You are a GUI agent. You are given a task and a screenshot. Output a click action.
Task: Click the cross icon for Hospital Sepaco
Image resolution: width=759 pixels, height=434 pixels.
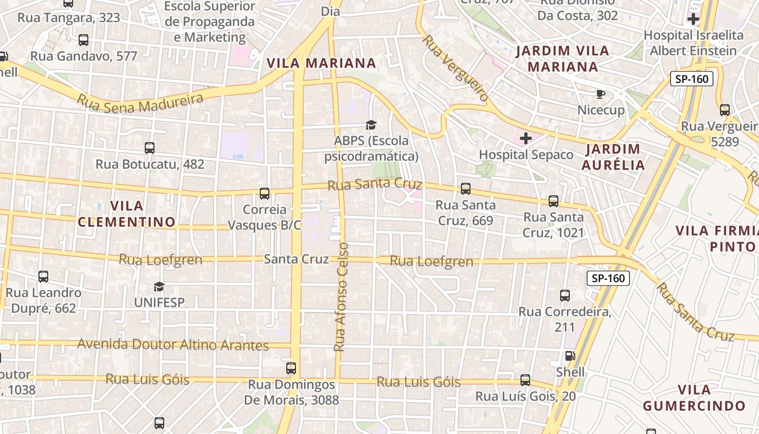click(x=525, y=139)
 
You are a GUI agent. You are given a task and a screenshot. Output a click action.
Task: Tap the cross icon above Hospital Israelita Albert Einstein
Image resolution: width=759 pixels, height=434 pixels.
click(x=693, y=20)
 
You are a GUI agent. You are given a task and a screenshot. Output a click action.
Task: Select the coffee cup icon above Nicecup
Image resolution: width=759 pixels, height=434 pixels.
click(x=600, y=94)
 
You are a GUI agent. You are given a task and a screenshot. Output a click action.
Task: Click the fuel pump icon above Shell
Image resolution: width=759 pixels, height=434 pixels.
click(x=570, y=356)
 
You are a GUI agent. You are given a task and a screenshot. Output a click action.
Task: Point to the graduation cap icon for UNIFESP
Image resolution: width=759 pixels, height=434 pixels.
click(x=159, y=286)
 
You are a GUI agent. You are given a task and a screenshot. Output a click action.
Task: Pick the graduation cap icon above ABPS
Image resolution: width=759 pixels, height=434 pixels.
click(x=371, y=125)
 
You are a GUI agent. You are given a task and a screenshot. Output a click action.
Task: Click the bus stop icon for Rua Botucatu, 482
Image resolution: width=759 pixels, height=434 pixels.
click(x=150, y=148)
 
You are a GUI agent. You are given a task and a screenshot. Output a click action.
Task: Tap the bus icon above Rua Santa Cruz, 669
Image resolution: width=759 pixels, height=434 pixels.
click(x=465, y=189)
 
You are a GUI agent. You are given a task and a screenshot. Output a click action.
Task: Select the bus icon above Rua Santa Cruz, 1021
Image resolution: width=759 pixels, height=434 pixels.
click(x=553, y=201)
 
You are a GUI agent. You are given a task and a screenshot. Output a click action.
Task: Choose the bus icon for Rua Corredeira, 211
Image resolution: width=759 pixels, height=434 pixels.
click(x=564, y=296)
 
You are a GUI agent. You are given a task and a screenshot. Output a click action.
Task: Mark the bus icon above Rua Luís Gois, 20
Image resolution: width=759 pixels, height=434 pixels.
click(x=525, y=380)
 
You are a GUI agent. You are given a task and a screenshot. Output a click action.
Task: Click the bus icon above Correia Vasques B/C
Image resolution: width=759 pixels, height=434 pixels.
click(x=265, y=193)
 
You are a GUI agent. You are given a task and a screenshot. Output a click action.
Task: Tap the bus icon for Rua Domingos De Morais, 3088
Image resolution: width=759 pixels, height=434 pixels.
click(x=291, y=368)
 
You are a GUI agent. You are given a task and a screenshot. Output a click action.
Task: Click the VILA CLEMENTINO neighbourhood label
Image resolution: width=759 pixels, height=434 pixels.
click(x=127, y=214)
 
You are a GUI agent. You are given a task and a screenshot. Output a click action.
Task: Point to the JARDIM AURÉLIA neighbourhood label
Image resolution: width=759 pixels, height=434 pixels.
click(x=613, y=157)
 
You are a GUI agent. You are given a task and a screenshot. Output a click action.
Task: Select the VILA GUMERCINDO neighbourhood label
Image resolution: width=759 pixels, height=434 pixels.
click(x=694, y=398)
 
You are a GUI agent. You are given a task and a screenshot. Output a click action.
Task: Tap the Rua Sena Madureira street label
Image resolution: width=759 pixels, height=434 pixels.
click(x=140, y=102)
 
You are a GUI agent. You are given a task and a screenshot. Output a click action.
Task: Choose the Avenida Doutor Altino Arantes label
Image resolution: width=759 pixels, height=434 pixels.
click(x=173, y=344)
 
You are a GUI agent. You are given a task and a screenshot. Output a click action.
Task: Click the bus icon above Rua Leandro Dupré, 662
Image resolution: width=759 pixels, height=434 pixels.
click(x=43, y=277)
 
